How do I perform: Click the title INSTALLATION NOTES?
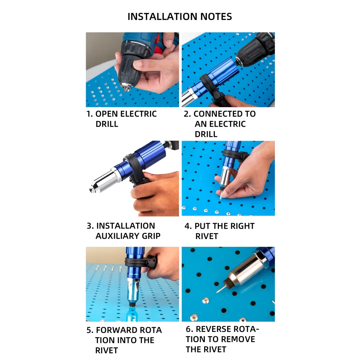pyautogui.click(x=180, y=17)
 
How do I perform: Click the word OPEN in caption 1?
pyautogui.click(x=107, y=114)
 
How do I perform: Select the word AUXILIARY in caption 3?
pyautogui.click(x=116, y=236)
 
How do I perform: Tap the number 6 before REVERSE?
pyautogui.click(x=189, y=329)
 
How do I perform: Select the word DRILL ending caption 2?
pyautogui.click(x=206, y=134)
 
